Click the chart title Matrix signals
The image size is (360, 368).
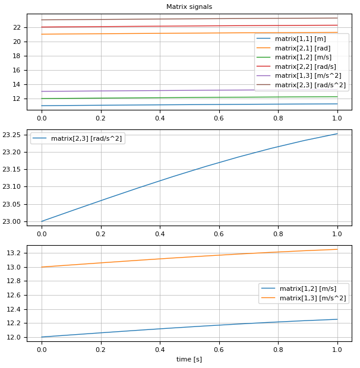tap(189, 7)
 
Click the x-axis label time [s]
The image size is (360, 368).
tap(189, 359)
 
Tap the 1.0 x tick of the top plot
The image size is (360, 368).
tap(337, 118)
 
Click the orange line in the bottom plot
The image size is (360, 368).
tap(189, 256)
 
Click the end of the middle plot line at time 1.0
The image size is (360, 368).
tap(337, 134)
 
